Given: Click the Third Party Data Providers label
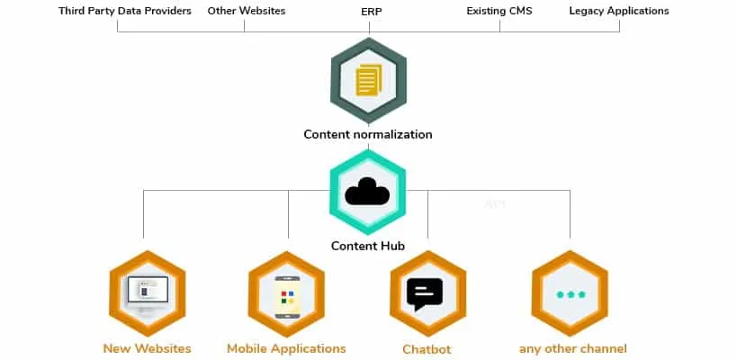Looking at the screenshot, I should coord(125,12).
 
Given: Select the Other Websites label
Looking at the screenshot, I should coord(246,12).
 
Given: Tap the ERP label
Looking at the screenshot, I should coord(369,12).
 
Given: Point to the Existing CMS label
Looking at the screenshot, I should coord(500,12).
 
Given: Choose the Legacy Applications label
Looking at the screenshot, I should coord(619,12).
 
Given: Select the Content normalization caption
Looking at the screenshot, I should coord(368,135).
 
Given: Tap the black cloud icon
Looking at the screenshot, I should coord(368,191).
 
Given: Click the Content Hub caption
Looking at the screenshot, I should coord(368,246).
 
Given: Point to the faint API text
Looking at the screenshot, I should coord(495,204).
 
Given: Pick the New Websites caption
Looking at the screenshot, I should coord(146,348).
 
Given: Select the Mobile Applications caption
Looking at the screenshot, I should coord(286,348).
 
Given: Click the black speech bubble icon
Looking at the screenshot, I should coord(426,293).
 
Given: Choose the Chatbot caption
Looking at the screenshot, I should coord(427,349).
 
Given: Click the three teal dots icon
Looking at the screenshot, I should coord(570,294).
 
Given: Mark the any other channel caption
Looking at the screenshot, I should coord(573,348).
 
